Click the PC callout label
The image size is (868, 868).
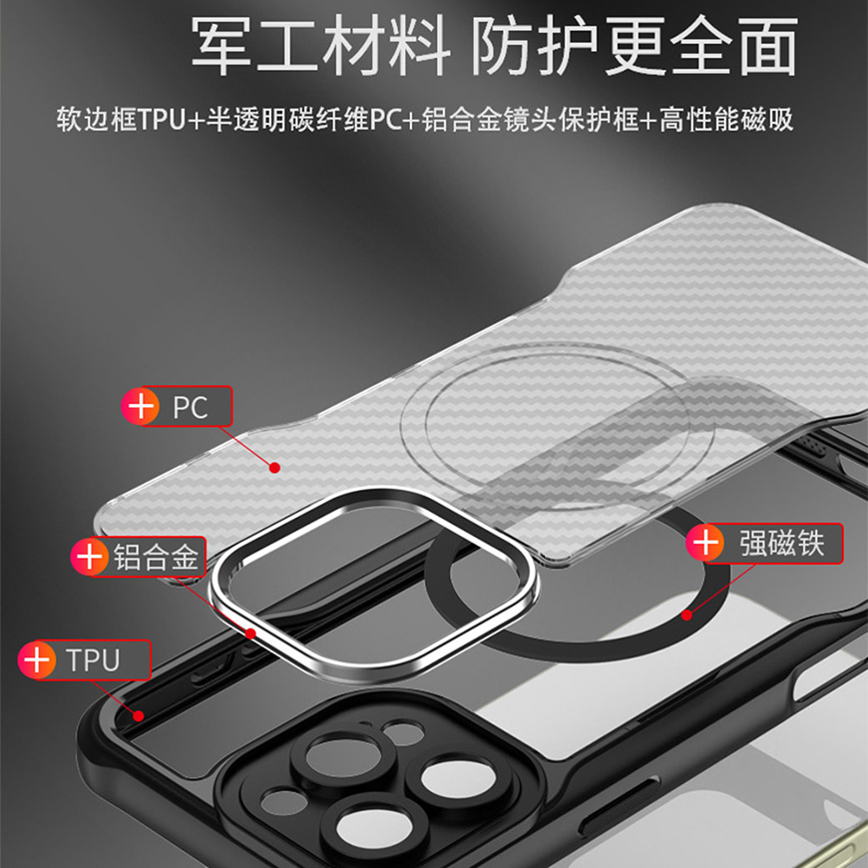(x=191, y=407)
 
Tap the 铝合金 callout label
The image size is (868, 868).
(x=156, y=557)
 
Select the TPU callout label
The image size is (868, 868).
(x=93, y=659)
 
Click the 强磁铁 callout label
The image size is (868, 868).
(x=782, y=543)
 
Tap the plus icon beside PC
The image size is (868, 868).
(x=141, y=406)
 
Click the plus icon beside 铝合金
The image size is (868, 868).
(x=89, y=556)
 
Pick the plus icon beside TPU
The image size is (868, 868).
(x=37, y=659)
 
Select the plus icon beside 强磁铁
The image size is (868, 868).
(x=704, y=543)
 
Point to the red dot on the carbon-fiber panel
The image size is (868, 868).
(x=274, y=468)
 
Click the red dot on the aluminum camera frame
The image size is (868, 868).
(x=250, y=634)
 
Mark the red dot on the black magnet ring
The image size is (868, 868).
(x=686, y=615)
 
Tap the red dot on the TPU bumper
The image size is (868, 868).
(x=139, y=715)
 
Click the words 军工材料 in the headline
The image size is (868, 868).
(x=320, y=46)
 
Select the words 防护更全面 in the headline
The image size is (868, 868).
(x=635, y=46)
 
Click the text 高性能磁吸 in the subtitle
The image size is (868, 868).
(x=726, y=120)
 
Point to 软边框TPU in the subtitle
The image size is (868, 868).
(x=120, y=120)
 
